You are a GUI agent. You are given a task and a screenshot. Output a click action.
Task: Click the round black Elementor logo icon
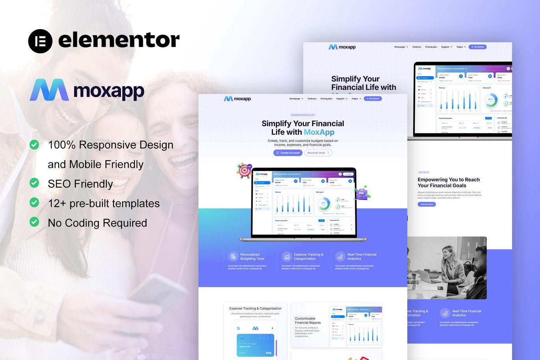(40, 41)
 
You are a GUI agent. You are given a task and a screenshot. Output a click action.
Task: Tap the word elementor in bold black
(119, 40)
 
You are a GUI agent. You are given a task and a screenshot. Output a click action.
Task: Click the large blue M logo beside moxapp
(49, 90)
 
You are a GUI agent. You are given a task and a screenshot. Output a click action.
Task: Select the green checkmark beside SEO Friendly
(34, 183)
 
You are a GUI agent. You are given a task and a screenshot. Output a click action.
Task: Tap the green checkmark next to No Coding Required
(34, 222)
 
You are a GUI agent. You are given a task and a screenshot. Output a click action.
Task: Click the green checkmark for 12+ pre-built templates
(34, 203)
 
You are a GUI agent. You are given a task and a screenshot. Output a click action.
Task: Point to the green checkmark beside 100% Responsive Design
(34, 145)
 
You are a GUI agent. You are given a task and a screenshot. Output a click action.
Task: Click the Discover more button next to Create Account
(318, 153)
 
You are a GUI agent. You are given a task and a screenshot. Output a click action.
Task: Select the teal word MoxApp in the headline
(319, 132)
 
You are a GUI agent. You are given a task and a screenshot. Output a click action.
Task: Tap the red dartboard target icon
(244, 170)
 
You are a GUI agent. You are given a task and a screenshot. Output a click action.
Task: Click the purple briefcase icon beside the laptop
(361, 193)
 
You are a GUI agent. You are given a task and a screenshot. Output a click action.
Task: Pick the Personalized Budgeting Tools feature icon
(233, 256)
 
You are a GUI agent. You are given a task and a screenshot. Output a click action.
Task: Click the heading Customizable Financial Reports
(308, 321)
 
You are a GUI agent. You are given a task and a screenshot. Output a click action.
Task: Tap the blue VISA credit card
(255, 345)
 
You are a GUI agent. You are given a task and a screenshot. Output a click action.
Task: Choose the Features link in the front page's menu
(312, 99)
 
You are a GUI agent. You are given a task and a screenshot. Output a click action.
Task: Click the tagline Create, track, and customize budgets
(303, 143)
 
